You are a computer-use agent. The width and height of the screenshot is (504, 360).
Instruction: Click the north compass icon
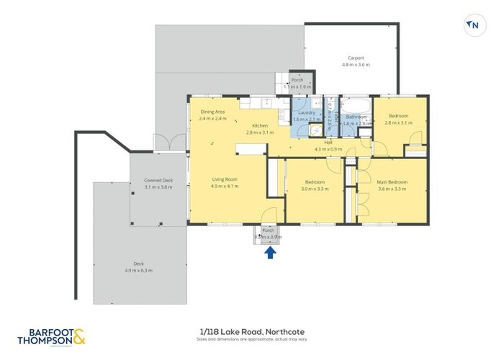[472, 24]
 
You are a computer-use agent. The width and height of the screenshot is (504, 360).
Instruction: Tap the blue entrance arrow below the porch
[270, 252]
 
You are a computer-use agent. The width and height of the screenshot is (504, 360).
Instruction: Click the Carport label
[356, 58]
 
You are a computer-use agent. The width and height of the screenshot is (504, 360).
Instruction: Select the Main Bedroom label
[392, 182]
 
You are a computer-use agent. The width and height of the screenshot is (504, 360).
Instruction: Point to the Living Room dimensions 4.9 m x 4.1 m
[225, 186]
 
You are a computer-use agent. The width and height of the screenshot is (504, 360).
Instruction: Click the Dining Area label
[213, 112]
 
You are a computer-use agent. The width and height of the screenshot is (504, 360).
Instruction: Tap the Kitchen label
[260, 126]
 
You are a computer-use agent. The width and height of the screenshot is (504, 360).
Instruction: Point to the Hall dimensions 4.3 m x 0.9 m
[328, 149]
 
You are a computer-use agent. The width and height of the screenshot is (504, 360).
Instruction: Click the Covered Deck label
[158, 180]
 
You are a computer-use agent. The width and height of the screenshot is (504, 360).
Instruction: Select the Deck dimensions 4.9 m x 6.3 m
[138, 270]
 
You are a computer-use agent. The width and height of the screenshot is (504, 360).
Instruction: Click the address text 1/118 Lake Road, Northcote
[252, 331]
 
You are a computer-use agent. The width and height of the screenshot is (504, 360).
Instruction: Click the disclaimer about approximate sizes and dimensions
[252, 339]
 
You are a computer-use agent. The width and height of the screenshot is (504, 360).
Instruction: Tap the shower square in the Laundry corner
[315, 130]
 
